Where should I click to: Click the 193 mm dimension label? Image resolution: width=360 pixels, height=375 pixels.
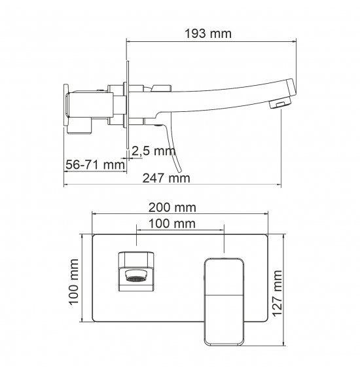[208, 34]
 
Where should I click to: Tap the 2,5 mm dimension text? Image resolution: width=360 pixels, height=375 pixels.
[154, 151]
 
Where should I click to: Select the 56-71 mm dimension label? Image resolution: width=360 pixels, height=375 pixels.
[95, 165]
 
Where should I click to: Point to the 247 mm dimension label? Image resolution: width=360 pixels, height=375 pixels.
[166, 178]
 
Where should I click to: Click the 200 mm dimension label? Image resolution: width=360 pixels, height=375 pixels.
[172, 207]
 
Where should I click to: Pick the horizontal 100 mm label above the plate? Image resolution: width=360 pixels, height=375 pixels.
[172, 224]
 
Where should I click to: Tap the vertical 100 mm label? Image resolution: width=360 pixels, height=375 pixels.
[74, 281]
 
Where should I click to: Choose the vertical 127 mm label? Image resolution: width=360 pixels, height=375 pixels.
[278, 293]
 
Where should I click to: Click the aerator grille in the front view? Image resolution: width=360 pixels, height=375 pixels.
[136, 279]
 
